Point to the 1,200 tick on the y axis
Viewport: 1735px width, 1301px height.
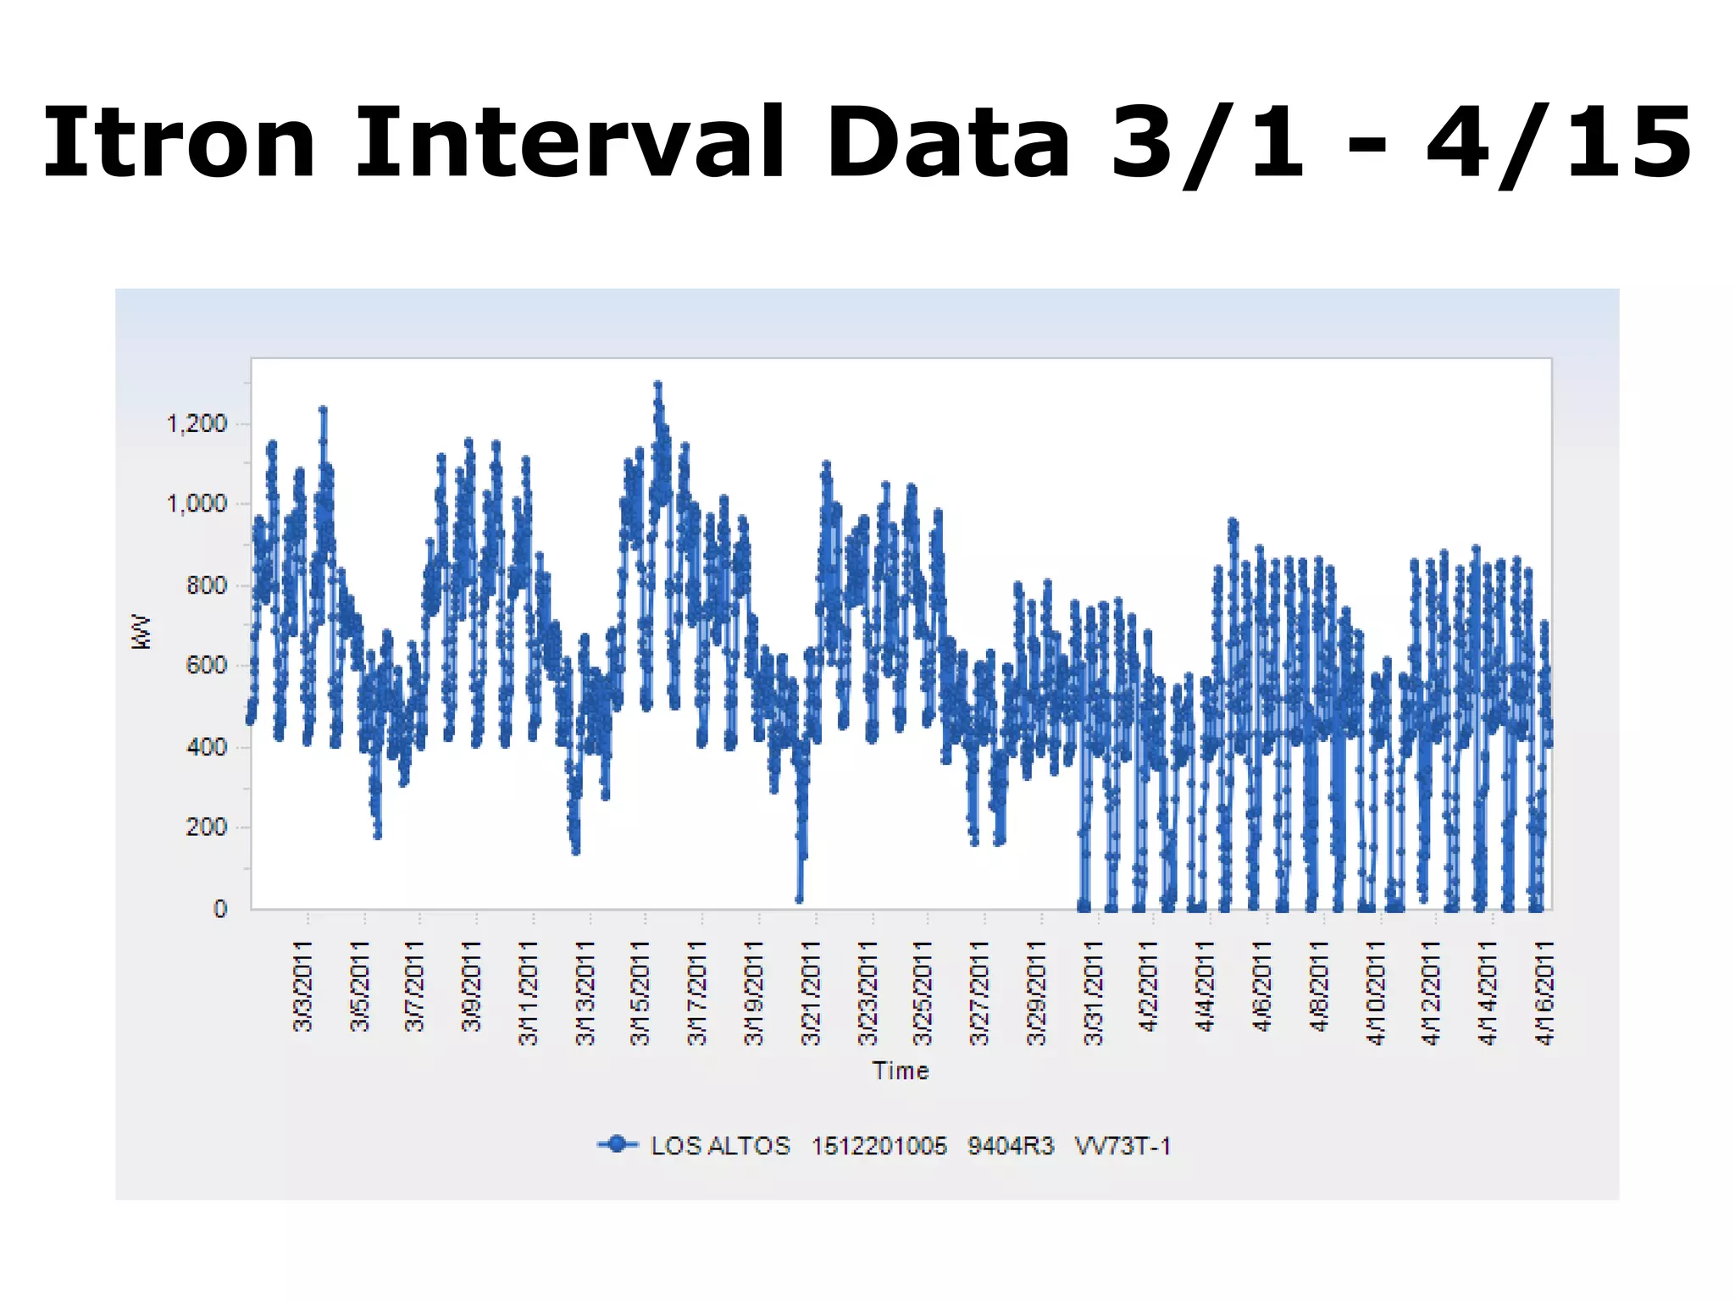click(197, 424)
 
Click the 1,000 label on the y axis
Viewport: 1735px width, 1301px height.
click(197, 505)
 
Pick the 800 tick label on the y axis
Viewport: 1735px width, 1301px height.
click(207, 585)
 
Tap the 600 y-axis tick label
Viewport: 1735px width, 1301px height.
click(207, 666)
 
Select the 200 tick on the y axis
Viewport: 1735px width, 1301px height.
click(207, 828)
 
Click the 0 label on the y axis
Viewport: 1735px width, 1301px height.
click(220, 909)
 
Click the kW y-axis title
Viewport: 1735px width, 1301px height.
click(141, 633)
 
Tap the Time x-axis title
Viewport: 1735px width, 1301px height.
click(901, 1071)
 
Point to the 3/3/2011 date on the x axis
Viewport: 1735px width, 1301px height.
click(303, 986)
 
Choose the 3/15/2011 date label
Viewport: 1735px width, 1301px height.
click(641, 992)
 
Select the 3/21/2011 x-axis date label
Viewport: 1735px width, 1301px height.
click(811, 992)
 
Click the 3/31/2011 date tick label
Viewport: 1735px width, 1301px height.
click(1094, 992)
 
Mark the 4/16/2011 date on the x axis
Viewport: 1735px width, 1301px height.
click(1545, 992)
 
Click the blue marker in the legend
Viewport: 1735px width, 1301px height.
click(618, 1145)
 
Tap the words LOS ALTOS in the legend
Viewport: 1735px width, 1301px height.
click(720, 1146)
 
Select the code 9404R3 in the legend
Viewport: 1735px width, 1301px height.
click(1011, 1146)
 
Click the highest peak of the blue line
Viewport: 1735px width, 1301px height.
click(657, 385)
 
